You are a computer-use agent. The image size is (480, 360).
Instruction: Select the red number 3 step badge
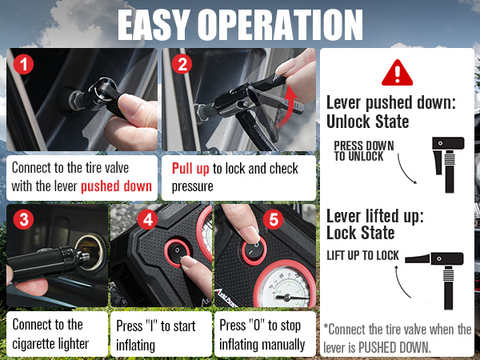pos(24,219)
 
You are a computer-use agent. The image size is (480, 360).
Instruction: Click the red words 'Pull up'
pos(191,169)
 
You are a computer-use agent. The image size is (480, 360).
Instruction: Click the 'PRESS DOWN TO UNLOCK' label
pos(364,152)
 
